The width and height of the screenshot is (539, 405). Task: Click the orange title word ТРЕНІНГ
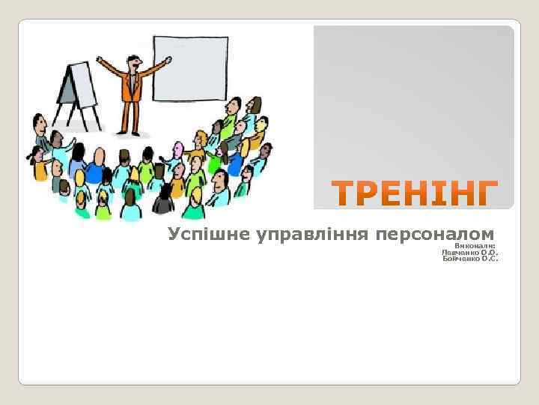pyautogui.click(x=415, y=194)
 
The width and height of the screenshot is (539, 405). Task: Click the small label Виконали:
pyautogui.click(x=476, y=245)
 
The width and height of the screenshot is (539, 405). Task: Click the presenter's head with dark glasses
pyautogui.click(x=133, y=62)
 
